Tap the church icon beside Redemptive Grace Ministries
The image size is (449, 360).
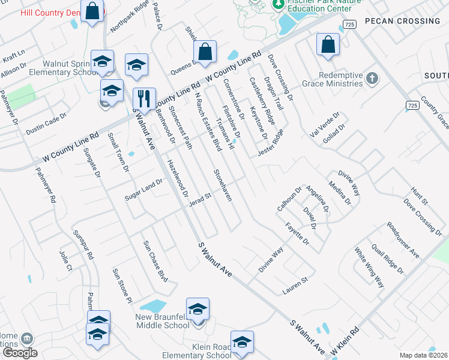(x=372, y=79)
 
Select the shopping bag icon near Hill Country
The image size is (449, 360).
(x=92, y=11)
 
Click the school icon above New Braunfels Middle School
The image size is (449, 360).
(x=197, y=310)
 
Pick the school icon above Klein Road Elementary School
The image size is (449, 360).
(x=242, y=342)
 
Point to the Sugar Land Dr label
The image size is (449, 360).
(x=143, y=190)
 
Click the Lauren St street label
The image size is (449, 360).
(x=295, y=286)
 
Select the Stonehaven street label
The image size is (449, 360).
(x=222, y=185)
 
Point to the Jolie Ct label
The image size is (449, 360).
(x=65, y=260)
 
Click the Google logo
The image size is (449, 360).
(x=20, y=353)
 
